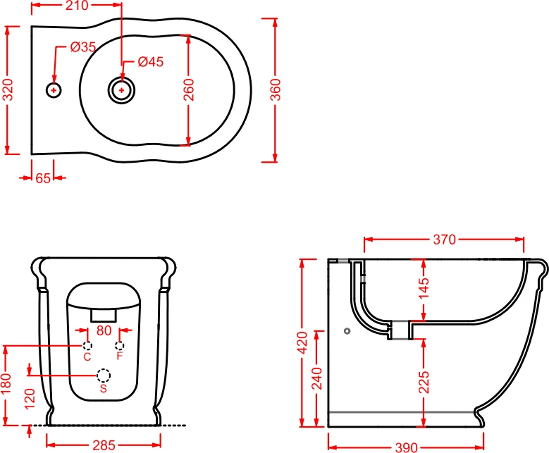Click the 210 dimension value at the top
pos(77,5)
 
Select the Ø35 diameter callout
pos(83,46)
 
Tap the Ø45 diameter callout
pos(151,61)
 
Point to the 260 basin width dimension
pos(188,90)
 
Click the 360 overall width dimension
pos(276,90)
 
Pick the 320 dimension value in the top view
pos(8,90)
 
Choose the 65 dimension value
pos(43,178)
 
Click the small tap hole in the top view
pos(54,90)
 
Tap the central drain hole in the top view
pos(121,90)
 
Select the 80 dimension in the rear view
pos(104,330)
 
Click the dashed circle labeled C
pos(87,346)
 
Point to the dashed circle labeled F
pos(119,346)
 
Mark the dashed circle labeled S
pos(104,376)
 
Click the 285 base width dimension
pos(104,445)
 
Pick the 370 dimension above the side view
pos(444,240)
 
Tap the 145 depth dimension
pos(424,288)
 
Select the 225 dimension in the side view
pos(424,383)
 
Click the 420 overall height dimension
pos(302,343)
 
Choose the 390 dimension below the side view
pos(406,447)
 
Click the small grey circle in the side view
pos(347,331)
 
